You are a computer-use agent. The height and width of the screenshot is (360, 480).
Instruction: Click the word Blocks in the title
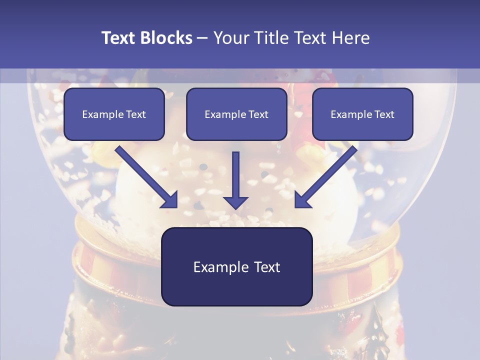pos(166,38)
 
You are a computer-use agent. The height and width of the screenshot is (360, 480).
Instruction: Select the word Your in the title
pos(230,38)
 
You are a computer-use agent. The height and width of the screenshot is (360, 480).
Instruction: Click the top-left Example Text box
pos(114,114)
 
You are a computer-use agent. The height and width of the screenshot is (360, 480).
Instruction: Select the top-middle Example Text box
pos(236,114)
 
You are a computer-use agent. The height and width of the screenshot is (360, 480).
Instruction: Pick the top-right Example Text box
pos(362,114)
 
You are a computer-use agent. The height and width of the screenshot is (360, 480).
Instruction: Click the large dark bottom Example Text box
pos(236,266)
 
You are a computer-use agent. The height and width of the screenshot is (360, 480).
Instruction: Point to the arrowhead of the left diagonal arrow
pos(170,200)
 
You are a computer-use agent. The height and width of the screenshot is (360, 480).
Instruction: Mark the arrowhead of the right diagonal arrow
pos(302,200)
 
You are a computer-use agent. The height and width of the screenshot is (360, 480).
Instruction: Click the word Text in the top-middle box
pos(258,114)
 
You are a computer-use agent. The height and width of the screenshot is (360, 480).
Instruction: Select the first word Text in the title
pos(118,38)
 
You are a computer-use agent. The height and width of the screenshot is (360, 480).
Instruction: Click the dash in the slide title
pos(202,38)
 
